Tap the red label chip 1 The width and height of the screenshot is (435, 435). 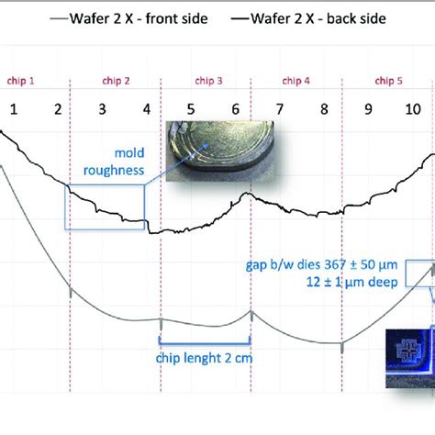(20, 81)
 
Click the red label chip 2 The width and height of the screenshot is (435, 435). (114, 81)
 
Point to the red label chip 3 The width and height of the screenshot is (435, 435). (208, 81)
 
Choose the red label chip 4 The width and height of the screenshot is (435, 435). (294, 81)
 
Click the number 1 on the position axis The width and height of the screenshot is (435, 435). (14, 110)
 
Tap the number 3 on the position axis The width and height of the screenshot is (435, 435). (102, 110)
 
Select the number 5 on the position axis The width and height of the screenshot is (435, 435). (190, 110)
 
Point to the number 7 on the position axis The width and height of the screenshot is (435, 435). (280, 110)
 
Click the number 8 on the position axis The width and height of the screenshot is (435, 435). (324, 110)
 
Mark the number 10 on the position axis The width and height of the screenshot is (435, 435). (413, 110)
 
